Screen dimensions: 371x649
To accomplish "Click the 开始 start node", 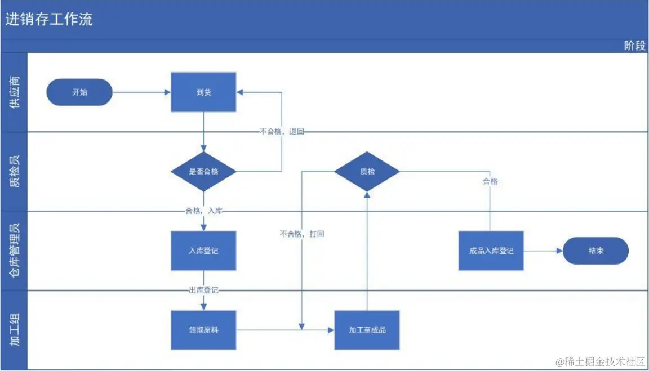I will coord(79,92).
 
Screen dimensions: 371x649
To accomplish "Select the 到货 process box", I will coord(203,92).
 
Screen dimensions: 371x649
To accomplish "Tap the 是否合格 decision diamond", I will coord(203,172).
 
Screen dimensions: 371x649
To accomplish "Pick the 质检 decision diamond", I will coord(367,171).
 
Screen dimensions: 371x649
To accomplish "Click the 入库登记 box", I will coord(203,251).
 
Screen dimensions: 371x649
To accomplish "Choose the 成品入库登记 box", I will coord(491,251).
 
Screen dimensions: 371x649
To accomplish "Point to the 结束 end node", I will coord(595,251).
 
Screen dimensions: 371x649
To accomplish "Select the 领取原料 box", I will coord(203,330).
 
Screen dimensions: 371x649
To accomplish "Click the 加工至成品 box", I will coord(367,330).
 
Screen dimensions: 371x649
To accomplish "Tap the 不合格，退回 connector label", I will coord(282,132).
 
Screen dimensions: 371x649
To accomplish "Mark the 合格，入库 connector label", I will coord(203,211).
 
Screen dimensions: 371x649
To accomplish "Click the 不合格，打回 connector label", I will coord(301,234).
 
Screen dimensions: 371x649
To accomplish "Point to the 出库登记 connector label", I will coord(203,290).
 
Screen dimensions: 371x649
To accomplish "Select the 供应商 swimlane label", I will coord(15,92).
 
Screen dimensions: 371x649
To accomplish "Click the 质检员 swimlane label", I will coord(15,172).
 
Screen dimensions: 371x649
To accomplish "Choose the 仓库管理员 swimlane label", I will coord(15,251).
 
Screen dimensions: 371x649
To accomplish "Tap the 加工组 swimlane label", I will coord(15,330).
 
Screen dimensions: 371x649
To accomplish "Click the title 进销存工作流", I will coord(49,20).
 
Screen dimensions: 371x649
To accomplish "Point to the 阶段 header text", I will coord(634,46).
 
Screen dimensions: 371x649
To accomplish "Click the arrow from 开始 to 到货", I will coord(141,92).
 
